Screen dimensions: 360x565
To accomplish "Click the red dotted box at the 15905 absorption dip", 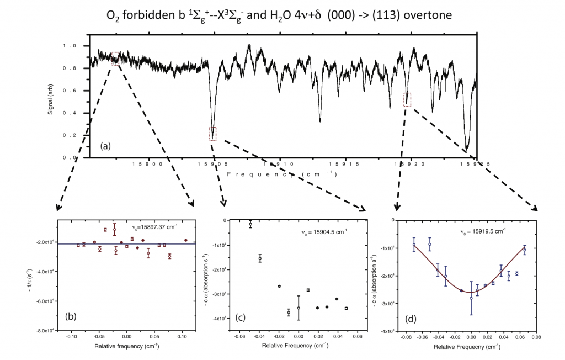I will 212,134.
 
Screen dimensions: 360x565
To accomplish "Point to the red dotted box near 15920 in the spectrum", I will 408,99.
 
